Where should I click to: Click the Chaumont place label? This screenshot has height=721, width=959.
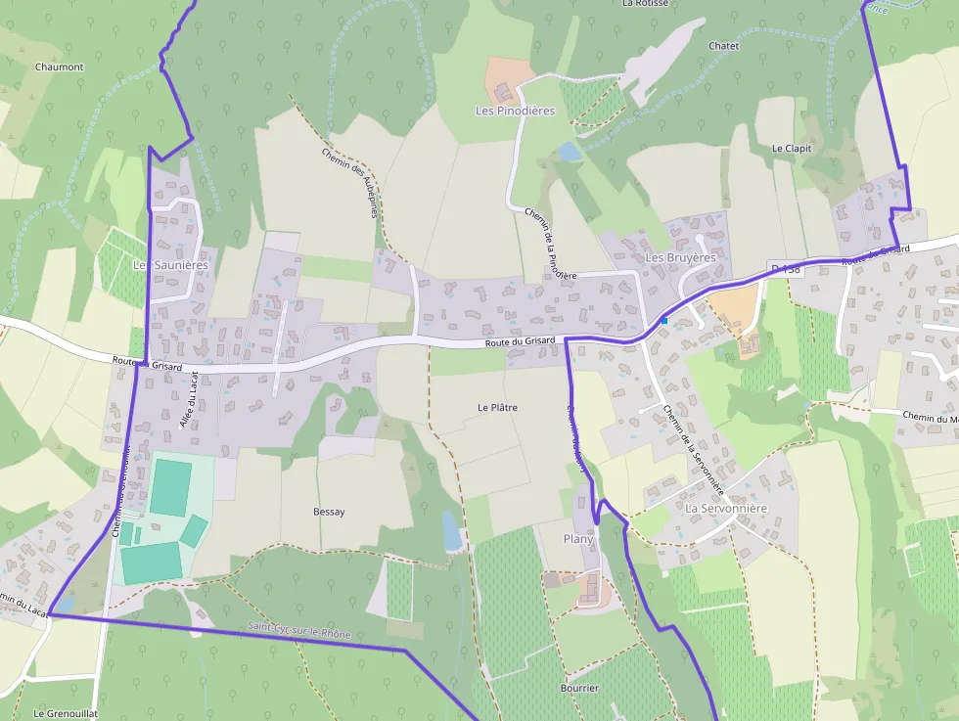pyautogui.click(x=59, y=68)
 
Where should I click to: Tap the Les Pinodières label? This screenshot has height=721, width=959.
pyautogui.click(x=515, y=111)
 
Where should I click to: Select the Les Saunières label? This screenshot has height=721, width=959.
pyautogui.click(x=170, y=265)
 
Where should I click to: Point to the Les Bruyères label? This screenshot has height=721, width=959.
pyautogui.click(x=680, y=257)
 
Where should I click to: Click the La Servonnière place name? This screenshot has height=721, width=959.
pyautogui.click(x=726, y=509)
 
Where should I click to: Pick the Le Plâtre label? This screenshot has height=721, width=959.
pyautogui.click(x=497, y=407)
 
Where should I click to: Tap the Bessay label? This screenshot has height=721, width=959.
pyautogui.click(x=329, y=512)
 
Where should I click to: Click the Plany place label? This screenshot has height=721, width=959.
pyautogui.click(x=578, y=539)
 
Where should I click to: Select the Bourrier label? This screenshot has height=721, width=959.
pyautogui.click(x=579, y=689)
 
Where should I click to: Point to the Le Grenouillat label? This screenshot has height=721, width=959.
pyautogui.click(x=66, y=714)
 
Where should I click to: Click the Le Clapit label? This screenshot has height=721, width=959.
pyautogui.click(x=792, y=149)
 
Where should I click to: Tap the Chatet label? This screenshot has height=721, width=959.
pyautogui.click(x=723, y=46)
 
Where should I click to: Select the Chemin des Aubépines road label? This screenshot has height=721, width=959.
pyautogui.click(x=349, y=182)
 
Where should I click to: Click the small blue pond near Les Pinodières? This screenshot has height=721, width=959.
pyautogui.click(x=569, y=152)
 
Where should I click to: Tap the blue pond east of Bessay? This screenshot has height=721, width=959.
pyautogui.click(x=451, y=531)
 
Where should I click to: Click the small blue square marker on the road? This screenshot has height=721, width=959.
pyautogui.click(x=664, y=320)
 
